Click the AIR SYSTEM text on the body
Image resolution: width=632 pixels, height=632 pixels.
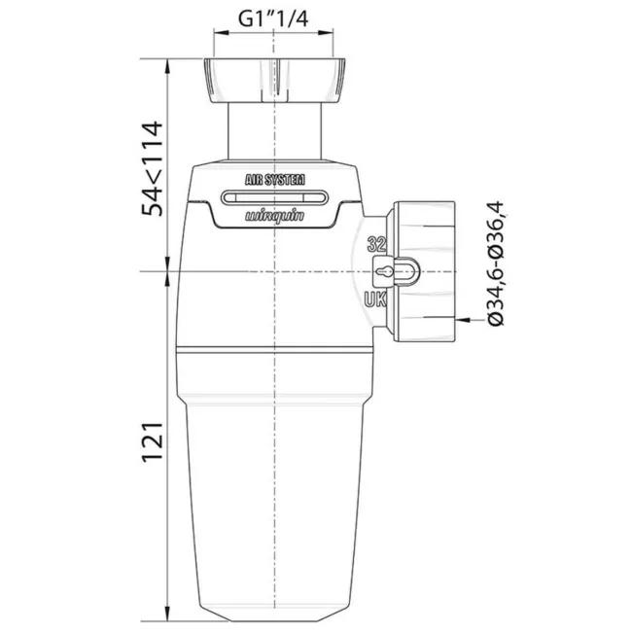276,179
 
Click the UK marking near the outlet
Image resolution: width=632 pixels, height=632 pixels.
376,298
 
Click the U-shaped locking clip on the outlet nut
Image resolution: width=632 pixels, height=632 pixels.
409,271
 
